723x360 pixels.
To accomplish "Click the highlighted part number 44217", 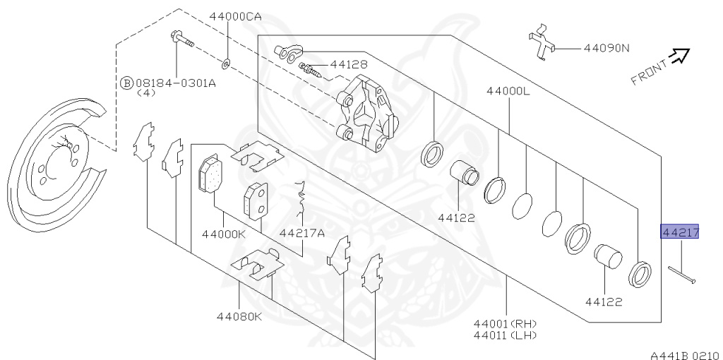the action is pos(680,232).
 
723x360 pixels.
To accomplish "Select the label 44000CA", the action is pos(235,17).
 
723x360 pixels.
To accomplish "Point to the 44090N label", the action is pos(607,48).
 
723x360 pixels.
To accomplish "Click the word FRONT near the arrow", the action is pos(649,73).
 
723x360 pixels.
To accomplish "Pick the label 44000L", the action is pos(508,91).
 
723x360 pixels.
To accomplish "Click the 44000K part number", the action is pos(224,234).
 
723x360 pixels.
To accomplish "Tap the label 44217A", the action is pos(302,233).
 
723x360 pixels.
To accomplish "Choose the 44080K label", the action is pos(239,316).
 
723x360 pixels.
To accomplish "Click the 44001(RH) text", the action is pos(505,324).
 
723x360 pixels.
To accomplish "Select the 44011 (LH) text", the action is pos(505,335).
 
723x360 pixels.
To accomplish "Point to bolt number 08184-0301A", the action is pos(176,83).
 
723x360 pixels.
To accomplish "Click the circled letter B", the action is pos(126,83).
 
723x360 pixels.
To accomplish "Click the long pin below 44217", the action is pos(682,275).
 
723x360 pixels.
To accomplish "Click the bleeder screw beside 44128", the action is pos(309,70).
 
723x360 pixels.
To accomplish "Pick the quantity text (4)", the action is pos(147,92).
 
